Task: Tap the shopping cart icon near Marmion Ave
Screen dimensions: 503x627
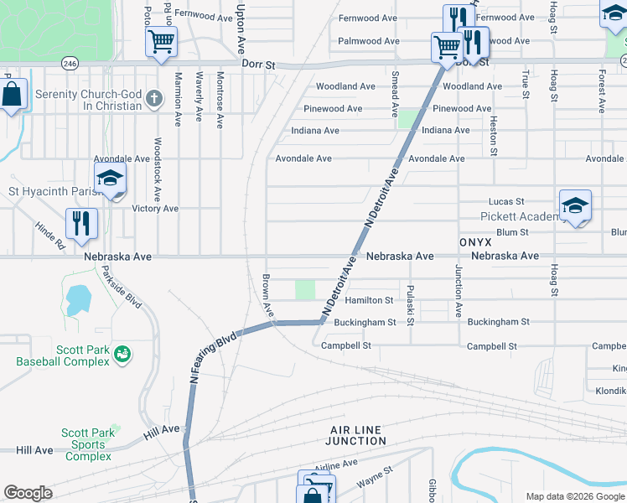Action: [161, 42]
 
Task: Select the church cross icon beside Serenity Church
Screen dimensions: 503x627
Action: [153, 100]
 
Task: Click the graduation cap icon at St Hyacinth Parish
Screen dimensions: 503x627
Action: [110, 179]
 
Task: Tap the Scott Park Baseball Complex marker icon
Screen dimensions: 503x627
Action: [122, 355]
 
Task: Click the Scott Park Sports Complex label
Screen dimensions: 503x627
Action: [87, 445]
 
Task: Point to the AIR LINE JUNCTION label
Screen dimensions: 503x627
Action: [355, 435]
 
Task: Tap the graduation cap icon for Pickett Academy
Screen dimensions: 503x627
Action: [575, 205]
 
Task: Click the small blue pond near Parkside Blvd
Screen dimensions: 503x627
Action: [78, 298]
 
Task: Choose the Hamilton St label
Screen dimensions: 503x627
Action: [369, 300]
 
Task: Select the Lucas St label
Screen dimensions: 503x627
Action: [506, 202]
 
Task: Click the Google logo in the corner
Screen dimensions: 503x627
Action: [28, 493]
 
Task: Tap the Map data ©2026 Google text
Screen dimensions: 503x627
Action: [574, 496]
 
